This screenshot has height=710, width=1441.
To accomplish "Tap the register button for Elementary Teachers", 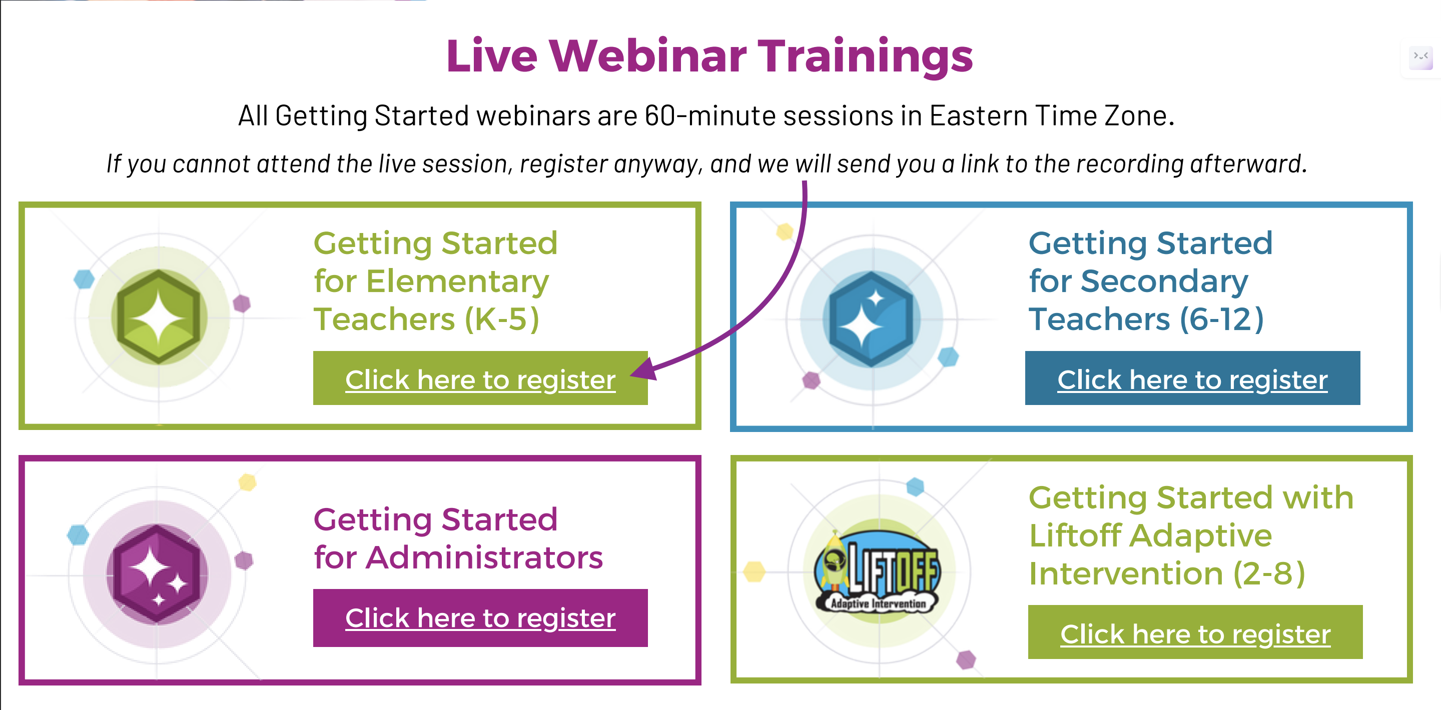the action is click(x=480, y=378).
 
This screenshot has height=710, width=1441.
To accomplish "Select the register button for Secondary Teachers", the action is click(x=1192, y=378).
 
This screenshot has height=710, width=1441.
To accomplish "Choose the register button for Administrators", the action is click(x=480, y=618).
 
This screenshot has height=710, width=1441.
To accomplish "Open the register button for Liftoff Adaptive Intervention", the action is click(x=1195, y=631).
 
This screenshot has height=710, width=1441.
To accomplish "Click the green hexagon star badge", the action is click(x=159, y=316).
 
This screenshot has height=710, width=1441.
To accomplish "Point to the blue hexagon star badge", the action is click(x=871, y=318).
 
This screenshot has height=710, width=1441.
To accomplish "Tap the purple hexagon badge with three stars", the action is click(x=157, y=573).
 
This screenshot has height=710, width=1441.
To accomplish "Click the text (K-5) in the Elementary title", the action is click(x=502, y=319).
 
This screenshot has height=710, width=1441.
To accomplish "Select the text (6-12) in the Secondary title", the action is click(x=1222, y=319).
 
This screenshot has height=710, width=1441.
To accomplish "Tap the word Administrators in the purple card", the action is click(x=484, y=557).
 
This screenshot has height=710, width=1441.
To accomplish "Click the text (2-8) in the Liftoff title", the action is click(x=1269, y=573).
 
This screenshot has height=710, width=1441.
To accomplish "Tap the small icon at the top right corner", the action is click(x=1421, y=57).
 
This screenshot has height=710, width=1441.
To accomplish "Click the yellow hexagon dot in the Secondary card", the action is click(x=785, y=231).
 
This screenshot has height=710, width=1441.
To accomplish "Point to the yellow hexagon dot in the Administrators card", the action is click(x=247, y=482).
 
